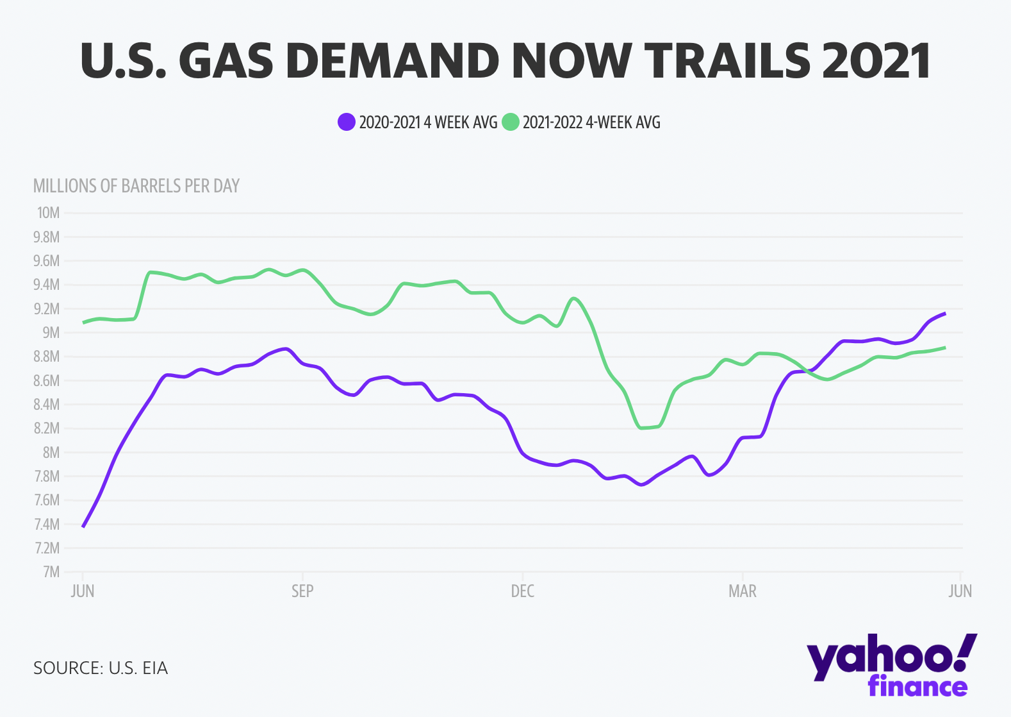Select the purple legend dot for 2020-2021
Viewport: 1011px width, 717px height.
pyautogui.click(x=347, y=122)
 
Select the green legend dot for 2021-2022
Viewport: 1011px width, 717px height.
pyautogui.click(x=510, y=122)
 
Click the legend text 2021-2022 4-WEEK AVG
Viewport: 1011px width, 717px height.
pyautogui.click(x=591, y=122)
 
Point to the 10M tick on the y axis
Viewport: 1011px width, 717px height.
pyautogui.click(x=48, y=213)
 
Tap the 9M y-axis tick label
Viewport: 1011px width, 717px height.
pyautogui.click(x=51, y=332)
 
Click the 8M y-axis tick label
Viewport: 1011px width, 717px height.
pyautogui.click(x=51, y=452)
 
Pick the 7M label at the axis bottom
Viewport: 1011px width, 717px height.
pyautogui.click(x=51, y=571)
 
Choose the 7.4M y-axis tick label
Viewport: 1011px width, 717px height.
pyautogui.click(x=47, y=524)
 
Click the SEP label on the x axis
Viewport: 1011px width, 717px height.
pyautogui.click(x=302, y=591)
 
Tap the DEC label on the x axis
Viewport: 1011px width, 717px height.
pyautogui.click(x=523, y=591)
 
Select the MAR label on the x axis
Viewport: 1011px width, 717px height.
pyautogui.click(x=743, y=591)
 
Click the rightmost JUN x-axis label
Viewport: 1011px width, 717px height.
pyautogui.click(x=960, y=591)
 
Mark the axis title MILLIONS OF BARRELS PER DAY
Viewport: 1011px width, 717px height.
pyautogui.click(x=136, y=186)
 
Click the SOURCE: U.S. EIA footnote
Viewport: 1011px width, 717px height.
pyautogui.click(x=101, y=668)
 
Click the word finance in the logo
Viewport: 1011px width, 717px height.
pyautogui.click(x=917, y=687)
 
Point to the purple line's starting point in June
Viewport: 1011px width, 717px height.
pyautogui.click(x=83, y=527)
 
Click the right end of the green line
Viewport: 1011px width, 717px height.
pyautogui.click(x=945, y=348)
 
